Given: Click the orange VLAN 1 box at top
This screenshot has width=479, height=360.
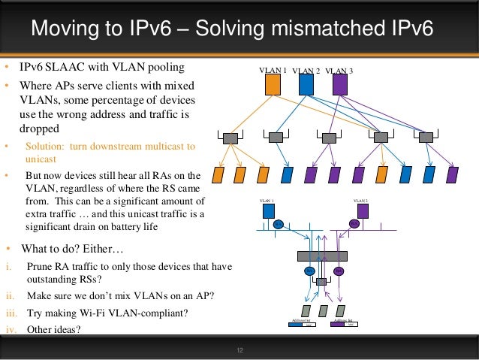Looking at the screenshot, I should [273, 85].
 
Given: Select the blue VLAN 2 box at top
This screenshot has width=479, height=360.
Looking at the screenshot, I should [306, 85].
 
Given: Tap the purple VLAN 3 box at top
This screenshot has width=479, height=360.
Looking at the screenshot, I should [339, 85].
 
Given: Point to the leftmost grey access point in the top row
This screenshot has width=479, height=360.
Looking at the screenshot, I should [230, 138].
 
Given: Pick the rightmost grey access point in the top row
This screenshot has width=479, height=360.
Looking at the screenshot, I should [426, 138].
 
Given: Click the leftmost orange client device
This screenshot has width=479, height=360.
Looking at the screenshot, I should [218, 175].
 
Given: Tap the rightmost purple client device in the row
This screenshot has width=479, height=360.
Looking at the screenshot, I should [452, 175].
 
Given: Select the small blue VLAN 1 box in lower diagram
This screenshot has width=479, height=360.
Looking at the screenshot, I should [269, 210].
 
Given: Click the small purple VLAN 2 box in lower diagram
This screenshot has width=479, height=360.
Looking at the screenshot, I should [363, 210].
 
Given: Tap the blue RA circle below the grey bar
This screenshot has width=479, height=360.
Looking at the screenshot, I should [309, 271].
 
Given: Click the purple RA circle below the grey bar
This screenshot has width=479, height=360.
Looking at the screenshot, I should [338, 271].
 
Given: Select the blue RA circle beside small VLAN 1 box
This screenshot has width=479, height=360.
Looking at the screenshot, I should [278, 224].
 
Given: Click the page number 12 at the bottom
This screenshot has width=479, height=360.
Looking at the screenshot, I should [240, 350].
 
